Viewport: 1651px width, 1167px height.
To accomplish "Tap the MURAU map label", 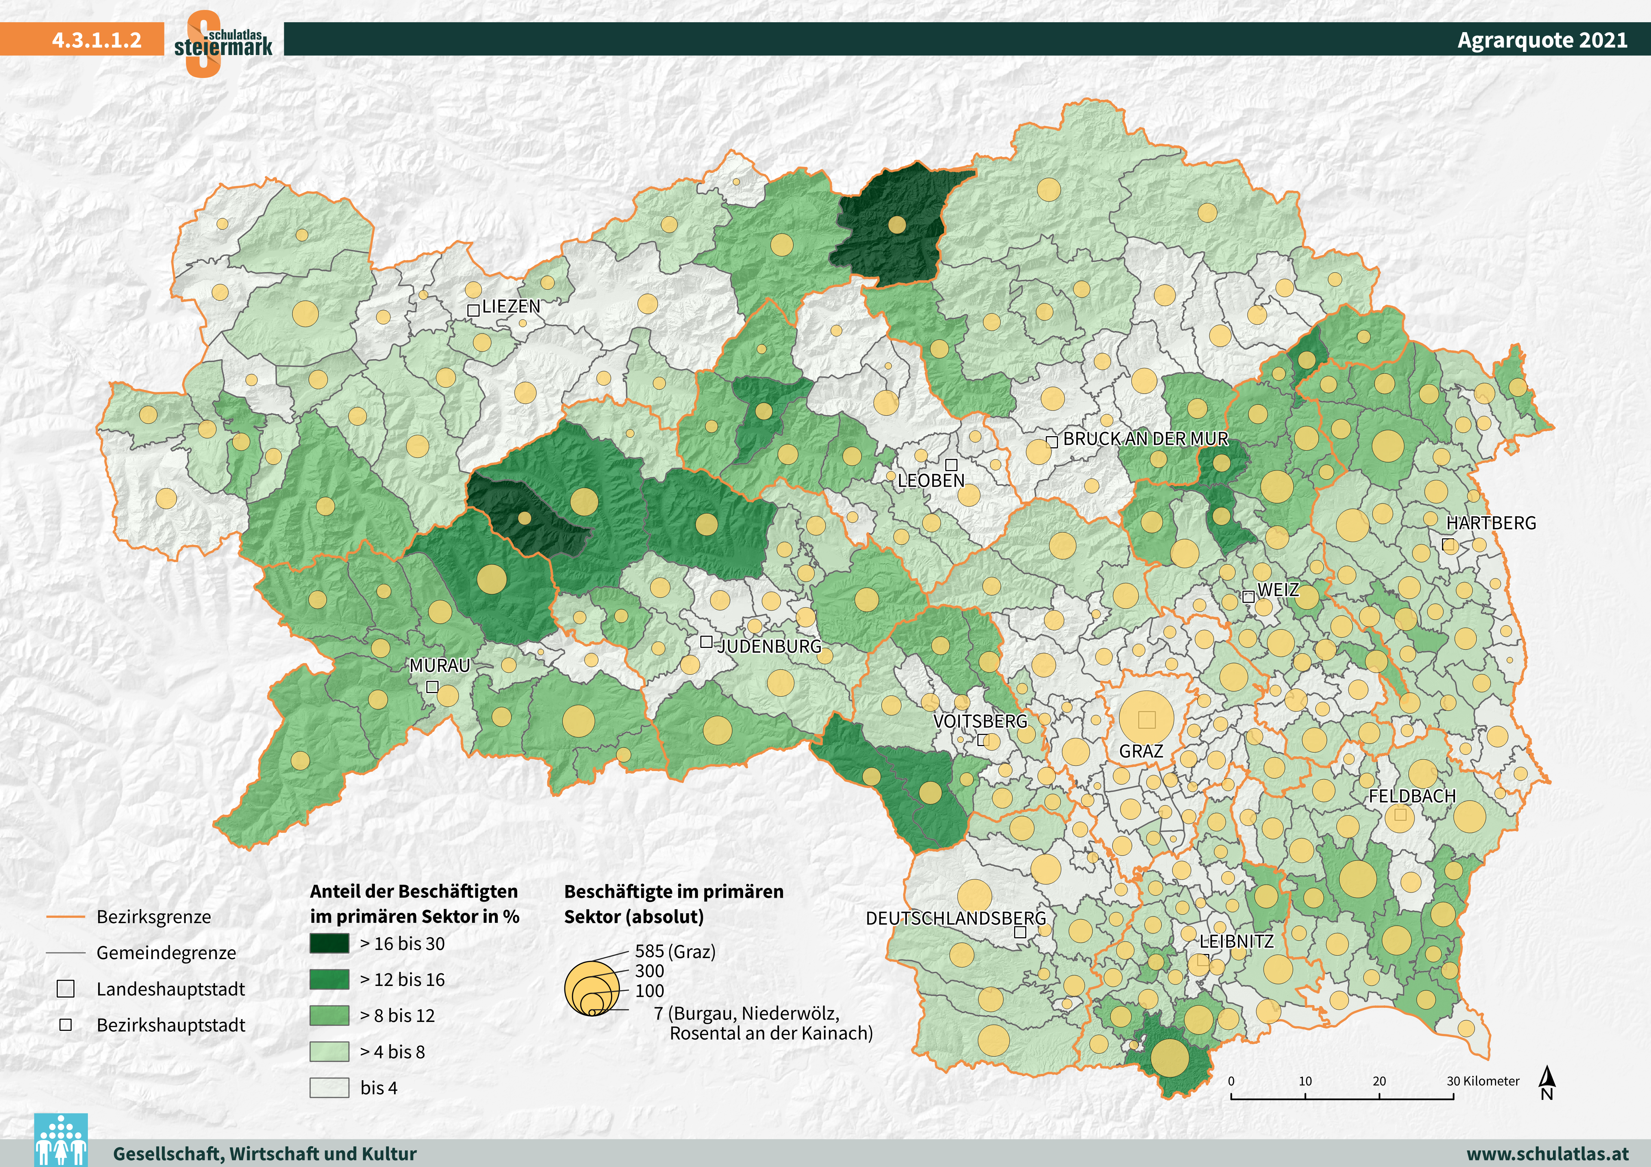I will click(x=439, y=666).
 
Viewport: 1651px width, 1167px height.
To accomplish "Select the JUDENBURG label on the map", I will click(x=770, y=646).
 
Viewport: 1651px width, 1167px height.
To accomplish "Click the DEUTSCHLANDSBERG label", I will click(x=956, y=918).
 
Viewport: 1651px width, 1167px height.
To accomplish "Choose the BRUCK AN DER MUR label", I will click(x=1145, y=439).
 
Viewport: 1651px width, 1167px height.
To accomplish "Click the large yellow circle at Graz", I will click(x=1146, y=718).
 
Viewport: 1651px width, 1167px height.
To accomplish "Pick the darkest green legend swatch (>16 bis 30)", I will click(x=329, y=943).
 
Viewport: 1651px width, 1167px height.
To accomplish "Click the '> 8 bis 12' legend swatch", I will click(x=329, y=1015).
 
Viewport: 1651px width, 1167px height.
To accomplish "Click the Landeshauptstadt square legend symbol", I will click(x=65, y=989).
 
